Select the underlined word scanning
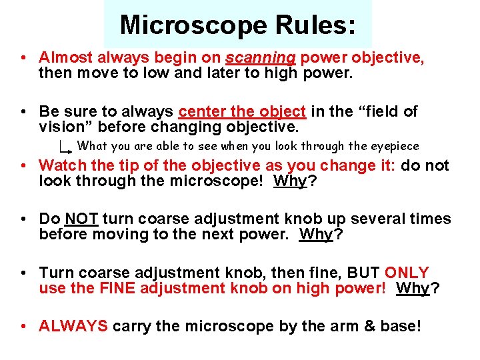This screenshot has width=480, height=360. [261, 57]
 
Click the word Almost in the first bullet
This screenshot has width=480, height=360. [66, 57]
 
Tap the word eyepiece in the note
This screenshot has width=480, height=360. [395, 146]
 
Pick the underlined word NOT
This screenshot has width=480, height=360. [82, 219]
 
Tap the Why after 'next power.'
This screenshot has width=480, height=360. [316, 234]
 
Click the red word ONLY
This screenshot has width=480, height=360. [407, 273]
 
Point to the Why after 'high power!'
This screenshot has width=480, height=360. [413, 288]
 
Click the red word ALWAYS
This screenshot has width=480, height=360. [73, 326]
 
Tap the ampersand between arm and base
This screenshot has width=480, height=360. [341, 326]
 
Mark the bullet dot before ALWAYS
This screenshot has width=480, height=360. [23, 326]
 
